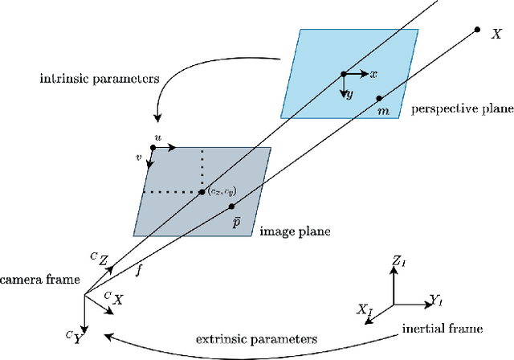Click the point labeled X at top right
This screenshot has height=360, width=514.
tap(477, 30)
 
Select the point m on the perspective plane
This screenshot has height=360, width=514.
tap(379, 99)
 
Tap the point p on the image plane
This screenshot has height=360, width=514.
tap(231, 207)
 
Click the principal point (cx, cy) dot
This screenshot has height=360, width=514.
tap(202, 191)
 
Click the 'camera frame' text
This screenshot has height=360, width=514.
tap(39, 280)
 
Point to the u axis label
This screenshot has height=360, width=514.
tap(157, 139)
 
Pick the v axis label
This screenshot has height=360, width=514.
tap(139, 159)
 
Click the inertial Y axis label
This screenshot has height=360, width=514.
tap(435, 301)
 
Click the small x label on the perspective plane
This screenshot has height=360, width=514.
tap(374, 73)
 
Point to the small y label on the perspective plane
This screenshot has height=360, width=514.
tap(349, 95)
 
